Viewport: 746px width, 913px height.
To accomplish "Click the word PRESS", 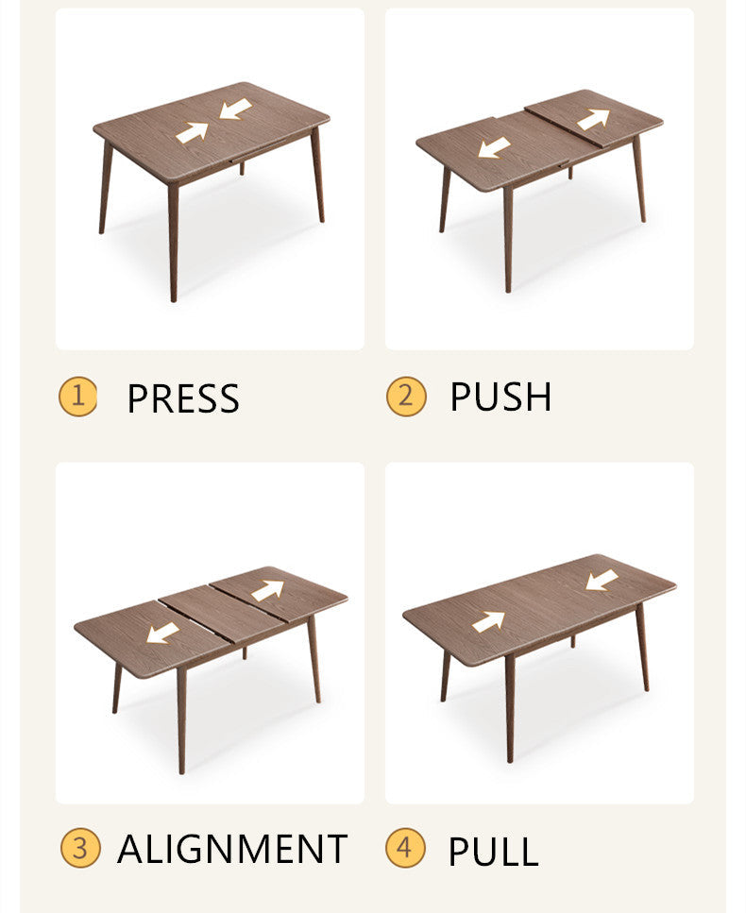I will coord(183,398).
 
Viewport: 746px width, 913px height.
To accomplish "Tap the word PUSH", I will coord(500,397).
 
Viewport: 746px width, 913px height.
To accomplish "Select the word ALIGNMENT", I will coord(232,849).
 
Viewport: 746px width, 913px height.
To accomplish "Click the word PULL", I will coord(493,851).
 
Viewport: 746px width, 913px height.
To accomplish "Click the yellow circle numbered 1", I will coord(77,397).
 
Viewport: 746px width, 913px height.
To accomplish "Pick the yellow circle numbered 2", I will coord(405,397).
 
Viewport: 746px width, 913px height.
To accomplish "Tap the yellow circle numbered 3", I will coord(80,848).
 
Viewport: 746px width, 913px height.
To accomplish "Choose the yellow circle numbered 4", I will coord(405,848).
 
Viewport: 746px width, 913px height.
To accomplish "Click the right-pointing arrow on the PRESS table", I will coord(192,132).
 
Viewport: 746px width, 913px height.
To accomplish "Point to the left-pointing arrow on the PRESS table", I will coord(235,110).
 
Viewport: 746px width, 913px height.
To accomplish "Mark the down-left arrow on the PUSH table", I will coord(494,148).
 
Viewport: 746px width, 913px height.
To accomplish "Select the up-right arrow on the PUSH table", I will coord(594,119).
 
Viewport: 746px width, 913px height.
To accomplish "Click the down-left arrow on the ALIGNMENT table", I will coord(162,633).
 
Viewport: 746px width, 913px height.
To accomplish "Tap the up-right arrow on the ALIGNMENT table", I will coord(267,590).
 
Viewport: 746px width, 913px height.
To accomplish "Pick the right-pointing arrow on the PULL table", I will coord(488,621).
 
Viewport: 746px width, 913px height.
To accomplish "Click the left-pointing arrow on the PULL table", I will coord(602,580).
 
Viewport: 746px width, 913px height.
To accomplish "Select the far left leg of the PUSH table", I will coord(444,198).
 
